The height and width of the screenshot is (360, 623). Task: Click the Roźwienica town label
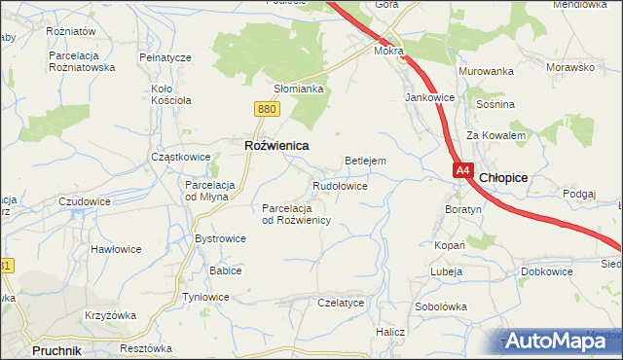(x=275, y=145)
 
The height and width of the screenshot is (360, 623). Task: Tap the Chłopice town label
(x=504, y=177)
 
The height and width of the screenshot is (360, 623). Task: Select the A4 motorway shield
(x=462, y=170)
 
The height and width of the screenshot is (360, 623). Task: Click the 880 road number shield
(x=269, y=109)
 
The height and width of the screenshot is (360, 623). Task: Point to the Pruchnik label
(x=55, y=348)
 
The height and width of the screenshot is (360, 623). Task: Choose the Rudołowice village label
(x=340, y=185)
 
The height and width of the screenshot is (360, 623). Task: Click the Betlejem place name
(x=366, y=161)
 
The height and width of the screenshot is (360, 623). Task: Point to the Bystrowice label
(x=221, y=238)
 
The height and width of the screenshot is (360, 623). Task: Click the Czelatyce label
(x=341, y=303)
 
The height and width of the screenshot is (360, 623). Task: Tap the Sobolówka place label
(x=441, y=306)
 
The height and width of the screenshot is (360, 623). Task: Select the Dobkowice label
(x=546, y=271)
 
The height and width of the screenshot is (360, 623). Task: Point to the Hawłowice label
(x=116, y=249)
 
